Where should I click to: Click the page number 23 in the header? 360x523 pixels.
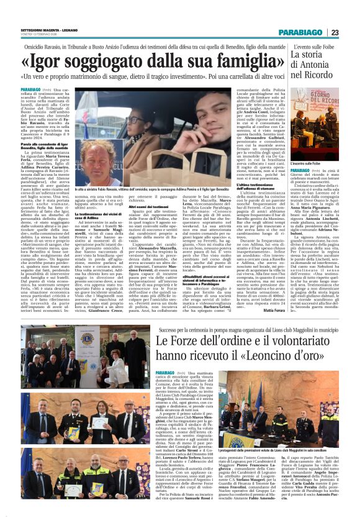[x=351, y=32]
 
